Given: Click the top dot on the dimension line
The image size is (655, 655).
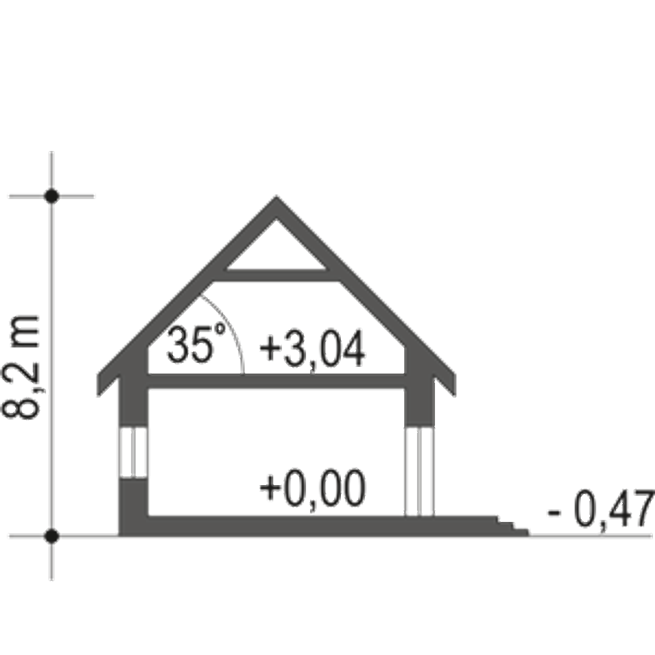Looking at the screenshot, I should pos(52,195).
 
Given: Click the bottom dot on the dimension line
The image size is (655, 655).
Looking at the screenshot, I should pos(51,536).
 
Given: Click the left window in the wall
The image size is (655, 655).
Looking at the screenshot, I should pos(133,453).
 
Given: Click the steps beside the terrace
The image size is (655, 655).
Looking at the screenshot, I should pos(512,525).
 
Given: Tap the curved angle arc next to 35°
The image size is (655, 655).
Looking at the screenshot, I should pos(233,333).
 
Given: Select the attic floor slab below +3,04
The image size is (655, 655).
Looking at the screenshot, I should pos(276,382).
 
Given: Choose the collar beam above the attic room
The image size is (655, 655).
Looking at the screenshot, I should pos(276,275).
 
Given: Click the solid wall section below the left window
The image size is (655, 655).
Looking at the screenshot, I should pos(133,504).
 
